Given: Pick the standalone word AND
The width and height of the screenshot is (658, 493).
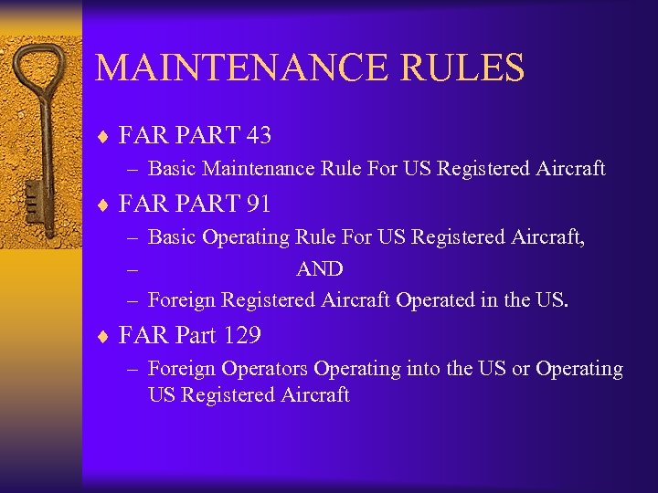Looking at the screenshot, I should click(x=319, y=269).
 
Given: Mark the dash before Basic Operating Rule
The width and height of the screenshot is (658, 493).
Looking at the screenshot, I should click(x=133, y=238).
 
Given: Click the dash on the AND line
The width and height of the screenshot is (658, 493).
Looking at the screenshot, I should click(x=133, y=269).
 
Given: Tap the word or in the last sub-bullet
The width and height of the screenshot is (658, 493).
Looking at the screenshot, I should click(x=520, y=369).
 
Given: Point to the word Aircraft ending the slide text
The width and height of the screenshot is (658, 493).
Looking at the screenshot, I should click(x=316, y=395).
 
